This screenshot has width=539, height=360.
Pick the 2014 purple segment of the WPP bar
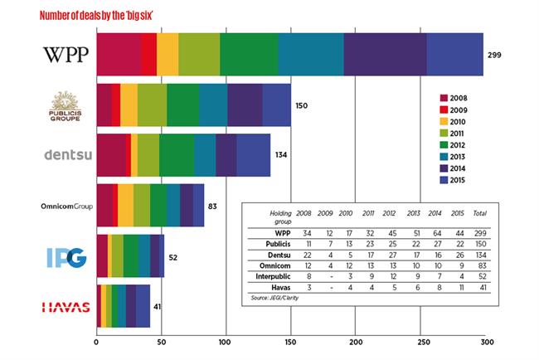coord(385,55)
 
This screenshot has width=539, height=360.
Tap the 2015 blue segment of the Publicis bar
coord(276,105)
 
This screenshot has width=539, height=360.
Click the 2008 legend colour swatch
coord(444,97)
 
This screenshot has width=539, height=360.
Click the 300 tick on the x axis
coord(487,341)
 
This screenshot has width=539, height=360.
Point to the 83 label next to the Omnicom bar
coord(213,205)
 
